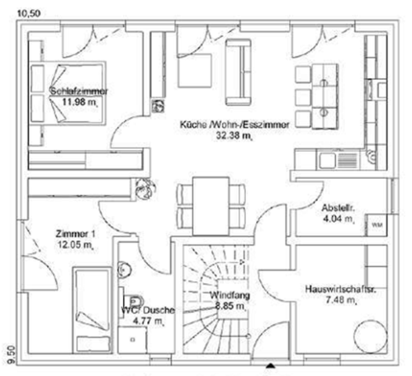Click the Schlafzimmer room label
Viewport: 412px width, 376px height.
tap(79, 91)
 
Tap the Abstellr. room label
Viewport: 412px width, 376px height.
tap(339, 209)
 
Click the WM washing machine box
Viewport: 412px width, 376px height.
tap(376, 224)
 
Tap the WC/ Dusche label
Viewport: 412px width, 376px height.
tap(149, 310)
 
